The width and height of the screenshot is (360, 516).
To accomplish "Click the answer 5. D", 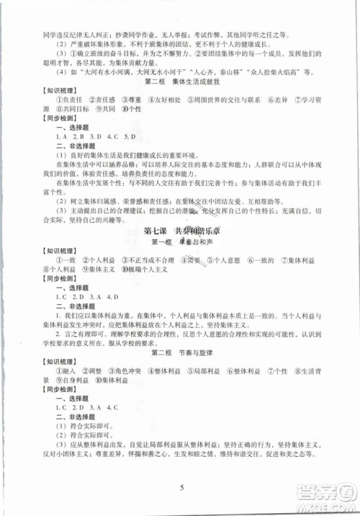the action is pyautogui.click(x=130, y=135).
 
